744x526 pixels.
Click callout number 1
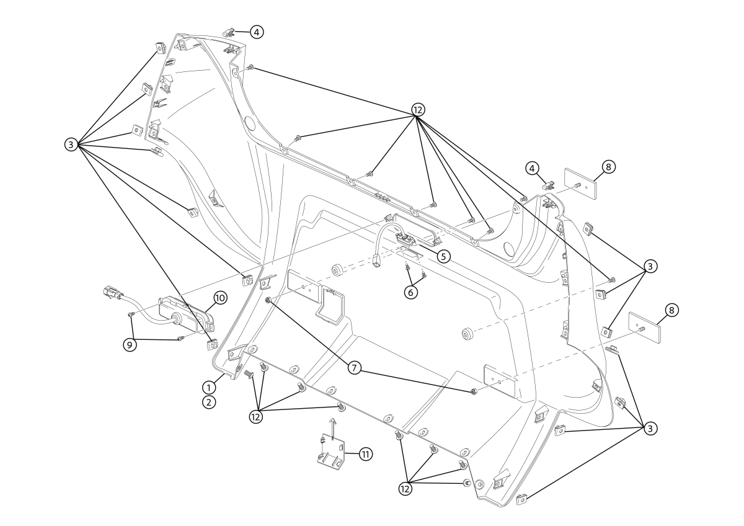[208, 388]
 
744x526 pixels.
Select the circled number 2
[208, 403]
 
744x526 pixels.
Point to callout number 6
[411, 292]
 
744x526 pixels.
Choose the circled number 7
[355, 368]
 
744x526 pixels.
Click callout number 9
[130, 345]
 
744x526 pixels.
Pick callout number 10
[220, 298]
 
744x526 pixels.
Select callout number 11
[365, 454]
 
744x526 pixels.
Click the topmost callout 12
[418, 109]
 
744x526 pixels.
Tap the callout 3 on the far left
[71, 145]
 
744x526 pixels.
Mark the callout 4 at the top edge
[257, 32]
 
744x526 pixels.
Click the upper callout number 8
[608, 167]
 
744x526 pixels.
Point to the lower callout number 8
[671, 310]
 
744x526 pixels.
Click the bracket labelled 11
[331, 452]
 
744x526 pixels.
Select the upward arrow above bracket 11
[333, 428]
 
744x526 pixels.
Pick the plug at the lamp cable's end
[110, 292]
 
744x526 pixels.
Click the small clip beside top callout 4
[229, 32]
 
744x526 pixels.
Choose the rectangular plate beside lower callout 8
[644, 328]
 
